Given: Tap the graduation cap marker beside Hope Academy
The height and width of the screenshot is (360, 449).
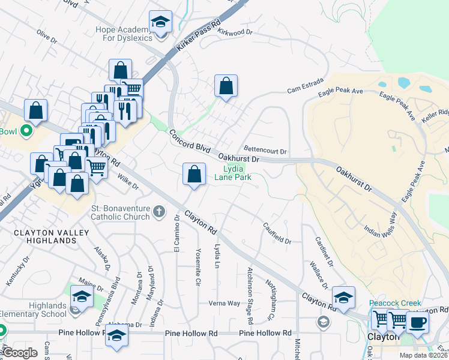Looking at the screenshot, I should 160,23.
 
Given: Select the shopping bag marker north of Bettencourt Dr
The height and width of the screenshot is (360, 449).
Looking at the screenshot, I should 226,86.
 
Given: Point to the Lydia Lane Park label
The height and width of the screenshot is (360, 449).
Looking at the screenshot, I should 233,173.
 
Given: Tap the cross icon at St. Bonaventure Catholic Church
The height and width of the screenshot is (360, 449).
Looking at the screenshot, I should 158,211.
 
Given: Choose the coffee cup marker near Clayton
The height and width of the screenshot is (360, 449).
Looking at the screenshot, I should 417,322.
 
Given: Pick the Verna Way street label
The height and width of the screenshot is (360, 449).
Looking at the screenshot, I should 224,303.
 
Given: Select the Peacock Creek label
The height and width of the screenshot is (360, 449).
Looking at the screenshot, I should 395,304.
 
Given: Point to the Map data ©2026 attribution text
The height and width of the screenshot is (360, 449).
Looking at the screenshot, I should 424,355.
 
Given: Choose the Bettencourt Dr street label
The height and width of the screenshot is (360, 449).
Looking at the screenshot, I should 265,151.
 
